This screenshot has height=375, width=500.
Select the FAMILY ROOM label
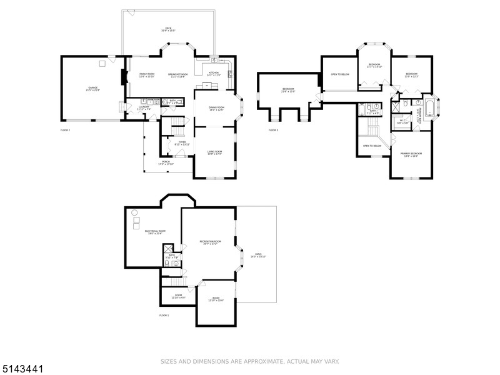tap(138, 75)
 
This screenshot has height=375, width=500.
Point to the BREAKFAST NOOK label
tap(178, 75)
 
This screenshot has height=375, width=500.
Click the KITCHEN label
tap(214, 73)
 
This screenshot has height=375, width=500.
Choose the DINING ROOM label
tap(216, 108)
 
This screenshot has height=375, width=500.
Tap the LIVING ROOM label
tap(214, 153)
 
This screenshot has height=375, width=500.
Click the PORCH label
tap(166, 162)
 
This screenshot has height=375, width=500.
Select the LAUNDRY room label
tap(143, 107)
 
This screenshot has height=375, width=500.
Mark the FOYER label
tap(182, 143)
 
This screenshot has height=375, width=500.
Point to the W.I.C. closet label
tap(403, 122)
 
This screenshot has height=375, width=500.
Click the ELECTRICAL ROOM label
tap(155, 232)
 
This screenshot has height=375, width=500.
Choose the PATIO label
tap(258, 256)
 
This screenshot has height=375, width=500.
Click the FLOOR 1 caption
tap(164, 316)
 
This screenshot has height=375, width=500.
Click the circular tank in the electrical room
tap(134, 212)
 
